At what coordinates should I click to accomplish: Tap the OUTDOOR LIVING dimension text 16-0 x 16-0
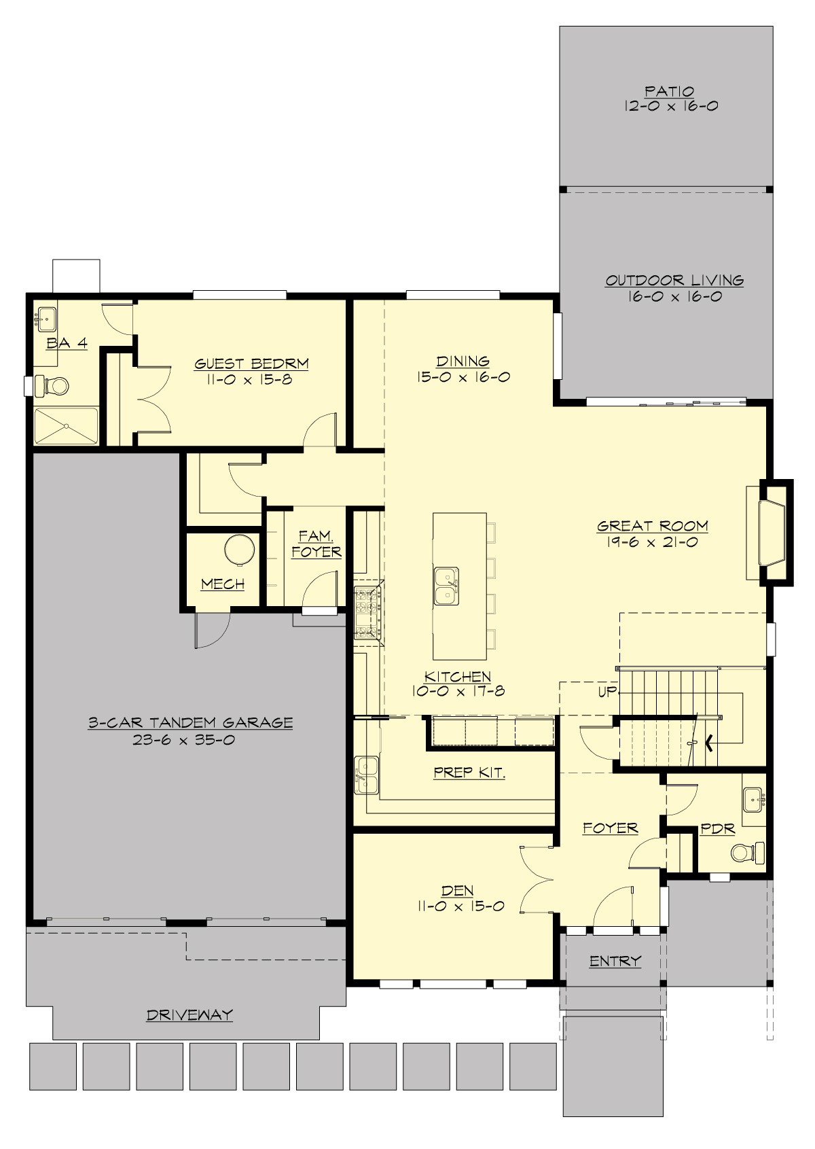tap(674, 297)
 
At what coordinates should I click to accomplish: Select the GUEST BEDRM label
tap(252, 364)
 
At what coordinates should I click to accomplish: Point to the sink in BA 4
tap(47, 317)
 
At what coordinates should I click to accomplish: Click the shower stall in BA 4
tap(67, 426)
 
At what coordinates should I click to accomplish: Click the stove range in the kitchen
tap(367, 613)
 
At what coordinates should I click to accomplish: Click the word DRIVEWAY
tap(189, 1015)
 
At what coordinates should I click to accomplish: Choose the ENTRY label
tap(615, 961)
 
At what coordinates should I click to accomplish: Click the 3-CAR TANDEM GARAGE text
tap(191, 723)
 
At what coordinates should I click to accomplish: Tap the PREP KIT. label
tap(469, 773)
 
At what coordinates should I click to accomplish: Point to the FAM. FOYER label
tap(316, 544)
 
